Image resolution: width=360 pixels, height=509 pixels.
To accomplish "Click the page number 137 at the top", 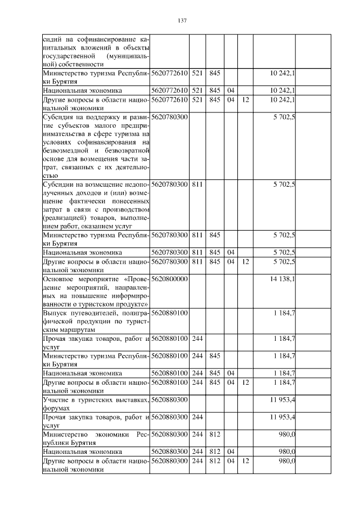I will tap(182, 21).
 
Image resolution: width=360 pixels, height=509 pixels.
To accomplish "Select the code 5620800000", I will tap(169, 278).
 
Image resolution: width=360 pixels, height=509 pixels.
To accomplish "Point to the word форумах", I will tap(56, 408).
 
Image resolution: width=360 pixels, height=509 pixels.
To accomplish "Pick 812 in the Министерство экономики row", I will tap(214, 434).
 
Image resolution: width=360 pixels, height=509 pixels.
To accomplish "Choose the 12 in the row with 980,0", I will tap(245, 461).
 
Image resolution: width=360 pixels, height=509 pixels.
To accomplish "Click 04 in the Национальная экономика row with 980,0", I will tap(230, 452).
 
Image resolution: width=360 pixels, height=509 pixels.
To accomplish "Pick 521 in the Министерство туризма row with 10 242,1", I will tap(197, 73).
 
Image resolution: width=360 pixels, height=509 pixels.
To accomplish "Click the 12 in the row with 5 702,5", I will tap(245, 261).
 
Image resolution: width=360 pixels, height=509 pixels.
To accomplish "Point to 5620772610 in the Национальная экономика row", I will tap(169, 90).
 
